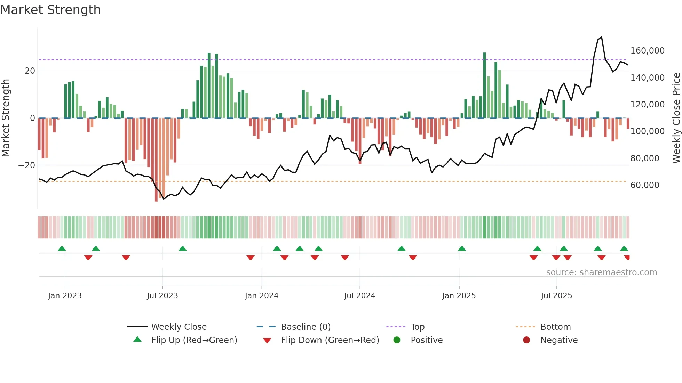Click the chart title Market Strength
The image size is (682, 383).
pyautogui.click(x=50, y=10)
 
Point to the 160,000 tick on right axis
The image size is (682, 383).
pyautogui.click(x=647, y=51)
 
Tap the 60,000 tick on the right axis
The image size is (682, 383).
pyautogui.click(x=645, y=185)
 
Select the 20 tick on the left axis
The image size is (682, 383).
pyautogui.click(x=30, y=71)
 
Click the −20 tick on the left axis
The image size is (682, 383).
pyautogui.click(x=27, y=165)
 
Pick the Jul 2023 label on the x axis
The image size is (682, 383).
pyautogui.click(x=162, y=296)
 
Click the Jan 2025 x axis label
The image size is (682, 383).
pyautogui.click(x=459, y=296)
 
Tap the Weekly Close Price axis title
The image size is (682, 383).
pyautogui.click(x=676, y=118)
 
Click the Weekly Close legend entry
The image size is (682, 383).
pyautogui.click(x=179, y=327)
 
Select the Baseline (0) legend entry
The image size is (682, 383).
pyautogui.click(x=306, y=327)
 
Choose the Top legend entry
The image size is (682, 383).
pyautogui.click(x=417, y=327)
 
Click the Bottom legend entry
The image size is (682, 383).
pyautogui.click(x=555, y=327)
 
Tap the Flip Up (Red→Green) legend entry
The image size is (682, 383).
pyautogui.click(x=194, y=340)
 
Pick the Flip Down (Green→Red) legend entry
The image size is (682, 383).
pyautogui.click(x=330, y=340)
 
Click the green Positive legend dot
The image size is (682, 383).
pyautogui.click(x=397, y=340)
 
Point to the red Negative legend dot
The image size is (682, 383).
pyautogui.click(x=526, y=340)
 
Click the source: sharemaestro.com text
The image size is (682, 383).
pyautogui.click(x=601, y=272)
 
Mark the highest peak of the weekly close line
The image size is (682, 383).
pyautogui.click(x=602, y=37)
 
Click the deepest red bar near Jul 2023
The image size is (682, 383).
pyautogui.click(x=156, y=160)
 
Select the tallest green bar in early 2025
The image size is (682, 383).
pyautogui.click(x=484, y=85)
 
